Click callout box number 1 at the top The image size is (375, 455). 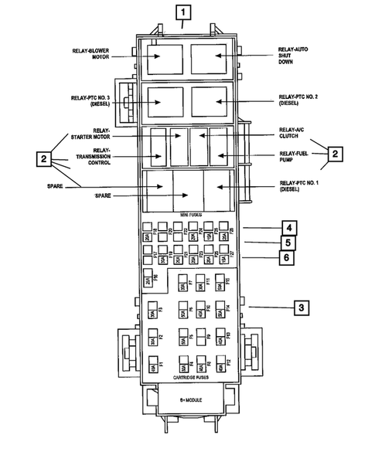click(x=182, y=12)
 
